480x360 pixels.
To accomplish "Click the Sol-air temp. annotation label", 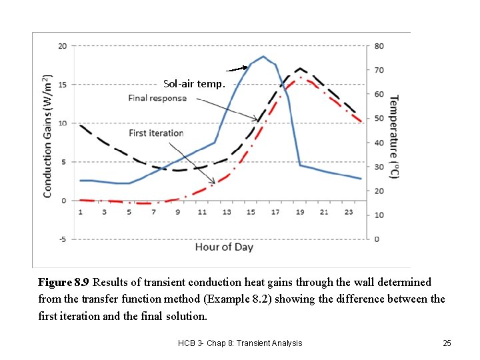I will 195,84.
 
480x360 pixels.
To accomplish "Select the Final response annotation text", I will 157,98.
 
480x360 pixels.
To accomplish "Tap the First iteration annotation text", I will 156,133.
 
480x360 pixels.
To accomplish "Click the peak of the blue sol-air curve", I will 263,57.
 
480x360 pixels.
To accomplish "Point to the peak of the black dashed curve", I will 300,68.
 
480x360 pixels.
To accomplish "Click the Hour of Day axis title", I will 224,247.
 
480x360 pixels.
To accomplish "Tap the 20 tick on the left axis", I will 62,46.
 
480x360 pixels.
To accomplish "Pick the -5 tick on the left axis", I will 62,239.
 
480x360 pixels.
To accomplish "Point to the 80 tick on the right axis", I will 379,46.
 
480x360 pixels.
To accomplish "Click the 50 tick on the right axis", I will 379,119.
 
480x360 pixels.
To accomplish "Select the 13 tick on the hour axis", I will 227,212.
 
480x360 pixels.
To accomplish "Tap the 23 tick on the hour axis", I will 348,212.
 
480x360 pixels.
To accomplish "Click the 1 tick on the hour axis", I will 81,212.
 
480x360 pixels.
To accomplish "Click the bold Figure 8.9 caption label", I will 64,283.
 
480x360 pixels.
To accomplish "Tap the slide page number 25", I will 447,343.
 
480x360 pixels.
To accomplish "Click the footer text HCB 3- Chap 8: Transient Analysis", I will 240,343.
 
